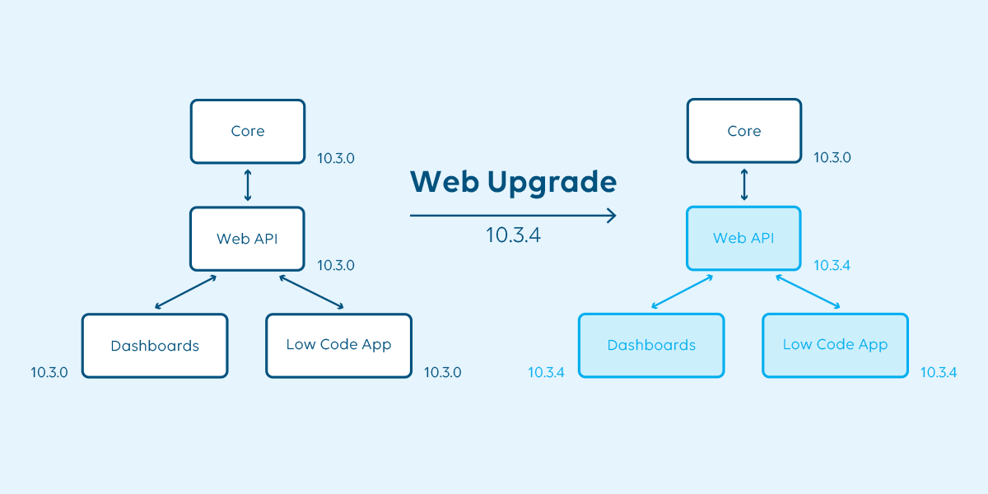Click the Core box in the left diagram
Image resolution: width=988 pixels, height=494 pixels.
[247, 131]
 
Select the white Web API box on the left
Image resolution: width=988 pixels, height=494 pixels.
[247, 239]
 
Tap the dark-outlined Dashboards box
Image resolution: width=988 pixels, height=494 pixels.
[155, 346]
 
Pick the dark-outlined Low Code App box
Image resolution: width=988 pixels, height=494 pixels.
[338, 345]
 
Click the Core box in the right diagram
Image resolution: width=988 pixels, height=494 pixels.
[743, 131]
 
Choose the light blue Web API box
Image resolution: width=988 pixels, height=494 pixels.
[743, 239]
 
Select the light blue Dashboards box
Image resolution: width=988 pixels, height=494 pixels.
[651, 346]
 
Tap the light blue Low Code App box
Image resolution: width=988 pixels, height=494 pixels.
[835, 345]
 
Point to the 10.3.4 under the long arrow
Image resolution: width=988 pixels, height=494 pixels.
[513, 235]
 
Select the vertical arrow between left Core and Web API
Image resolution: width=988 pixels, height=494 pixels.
[247, 185]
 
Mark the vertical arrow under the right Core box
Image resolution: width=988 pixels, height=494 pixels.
[744, 185]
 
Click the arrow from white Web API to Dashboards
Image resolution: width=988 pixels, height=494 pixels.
[186, 292]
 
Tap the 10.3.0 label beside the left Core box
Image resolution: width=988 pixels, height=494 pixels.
[336, 158]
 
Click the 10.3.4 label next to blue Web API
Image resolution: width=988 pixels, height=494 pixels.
[832, 266]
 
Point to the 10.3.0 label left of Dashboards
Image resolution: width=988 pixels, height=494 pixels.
[49, 372]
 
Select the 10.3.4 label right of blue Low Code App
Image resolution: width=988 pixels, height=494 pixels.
[939, 372]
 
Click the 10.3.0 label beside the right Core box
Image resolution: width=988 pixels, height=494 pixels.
[832, 158]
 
